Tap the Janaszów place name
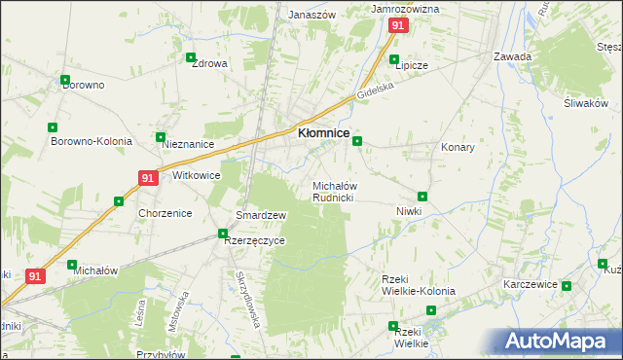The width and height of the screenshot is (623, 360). (x=311, y=16)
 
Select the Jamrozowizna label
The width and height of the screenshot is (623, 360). (x=406, y=9)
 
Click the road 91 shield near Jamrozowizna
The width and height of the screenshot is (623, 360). (x=396, y=26)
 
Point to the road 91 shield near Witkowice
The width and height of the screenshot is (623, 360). (x=147, y=178)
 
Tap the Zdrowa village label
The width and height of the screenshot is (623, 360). (x=209, y=64)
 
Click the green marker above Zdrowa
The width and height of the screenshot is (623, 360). (x=192, y=56)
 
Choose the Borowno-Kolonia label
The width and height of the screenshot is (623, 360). (x=92, y=141)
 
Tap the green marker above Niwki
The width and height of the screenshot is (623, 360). (x=422, y=197)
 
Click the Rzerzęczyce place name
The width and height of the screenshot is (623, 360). (x=255, y=242)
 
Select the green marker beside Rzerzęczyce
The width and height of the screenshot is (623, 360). (x=223, y=234)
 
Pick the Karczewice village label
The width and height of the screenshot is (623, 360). (x=530, y=284)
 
